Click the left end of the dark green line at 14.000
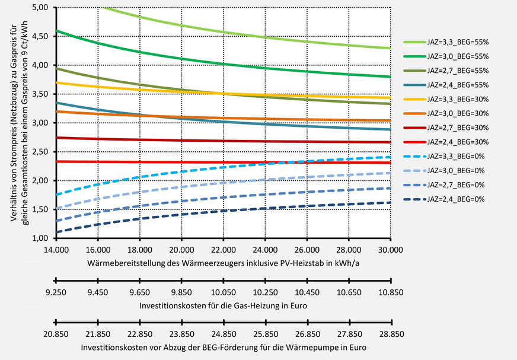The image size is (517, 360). [56, 31]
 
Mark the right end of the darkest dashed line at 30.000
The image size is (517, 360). [391, 202]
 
